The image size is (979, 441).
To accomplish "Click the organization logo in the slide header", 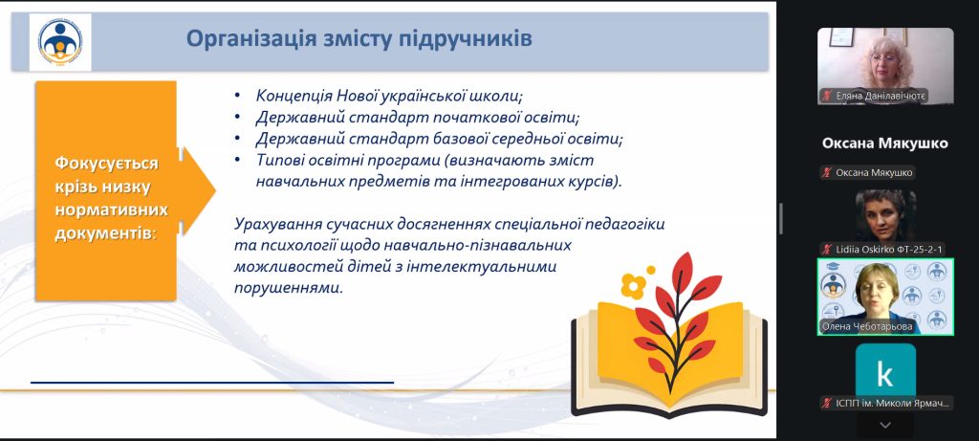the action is [60, 42].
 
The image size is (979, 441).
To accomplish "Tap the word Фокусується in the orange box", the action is [107, 165].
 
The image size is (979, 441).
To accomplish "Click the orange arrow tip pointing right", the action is [215, 190].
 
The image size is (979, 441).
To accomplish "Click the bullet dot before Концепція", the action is [237, 97].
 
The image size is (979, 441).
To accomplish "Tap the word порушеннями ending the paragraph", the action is [289, 289].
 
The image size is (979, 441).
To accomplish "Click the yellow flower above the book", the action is [635, 285].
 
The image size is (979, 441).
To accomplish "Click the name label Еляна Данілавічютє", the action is [880, 96].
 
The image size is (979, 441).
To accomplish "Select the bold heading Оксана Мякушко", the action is [884, 143].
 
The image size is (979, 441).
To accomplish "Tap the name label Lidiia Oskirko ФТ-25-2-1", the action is [889, 250].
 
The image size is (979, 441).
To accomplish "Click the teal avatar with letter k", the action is [885, 374].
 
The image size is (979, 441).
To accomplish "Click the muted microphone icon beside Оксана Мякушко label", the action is [827, 173].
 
